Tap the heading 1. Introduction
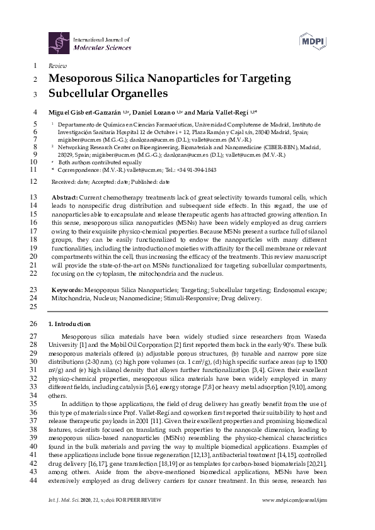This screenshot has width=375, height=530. (70, 324)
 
